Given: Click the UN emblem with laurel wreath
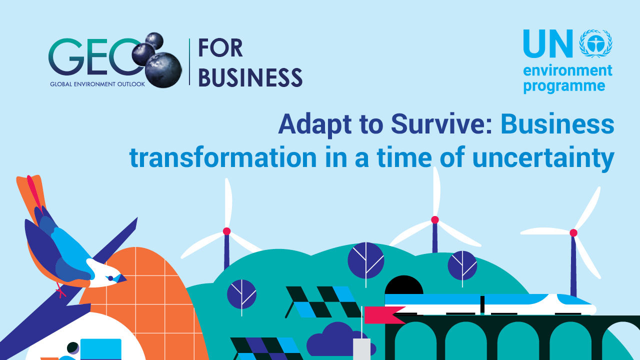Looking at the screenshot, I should pyautogui.click(x=595, y=43).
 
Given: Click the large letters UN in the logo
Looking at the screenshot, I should pyautogui.click(x=548, y=44).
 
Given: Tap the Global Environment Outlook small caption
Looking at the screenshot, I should pyautogui.click(x=97, y=84).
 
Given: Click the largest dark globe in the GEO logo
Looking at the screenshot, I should pyautogui.click(x=163, y=69).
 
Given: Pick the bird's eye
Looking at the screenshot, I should pyautogui.click(x=110, y=278).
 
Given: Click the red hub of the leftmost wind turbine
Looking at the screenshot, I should pyautogui.click(x=226, y=231).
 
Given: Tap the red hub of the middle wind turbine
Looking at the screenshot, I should pyautogui.click(x=435, y=219).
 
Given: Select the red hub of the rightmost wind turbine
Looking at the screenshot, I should pyautogui.click(x=573, y=232).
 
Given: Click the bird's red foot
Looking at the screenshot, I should pyautogui.click(x=61, y=291).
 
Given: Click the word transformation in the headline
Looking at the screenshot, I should pyautogui.click(x=223, y=158).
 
